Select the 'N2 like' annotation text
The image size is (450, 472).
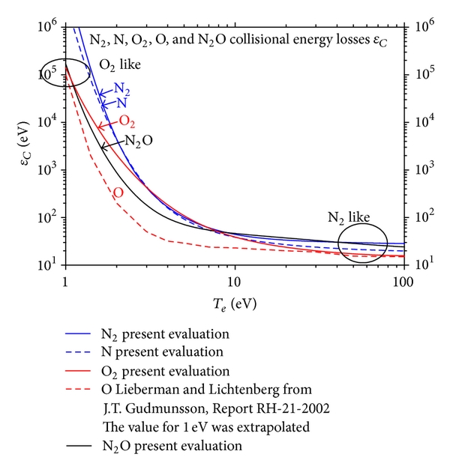coord(349,217)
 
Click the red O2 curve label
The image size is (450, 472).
coord(126,121)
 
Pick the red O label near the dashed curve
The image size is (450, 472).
coord(118,193)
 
